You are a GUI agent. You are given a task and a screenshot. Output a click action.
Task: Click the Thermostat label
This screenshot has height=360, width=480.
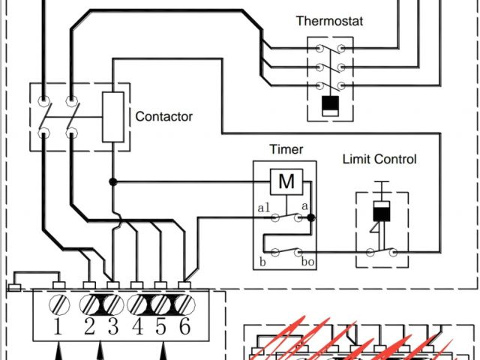329,21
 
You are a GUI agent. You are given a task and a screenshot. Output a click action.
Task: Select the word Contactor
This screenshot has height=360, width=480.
163,117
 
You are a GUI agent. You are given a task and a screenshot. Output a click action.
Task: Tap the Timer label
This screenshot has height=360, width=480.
286,149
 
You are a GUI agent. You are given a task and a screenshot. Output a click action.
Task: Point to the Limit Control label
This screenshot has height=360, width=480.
379,159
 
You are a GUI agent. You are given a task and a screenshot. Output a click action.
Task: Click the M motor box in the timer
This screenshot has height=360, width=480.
286,181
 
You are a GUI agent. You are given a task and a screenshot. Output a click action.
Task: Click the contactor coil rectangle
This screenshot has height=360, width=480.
112,117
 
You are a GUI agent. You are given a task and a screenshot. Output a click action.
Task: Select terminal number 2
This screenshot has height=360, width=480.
89,328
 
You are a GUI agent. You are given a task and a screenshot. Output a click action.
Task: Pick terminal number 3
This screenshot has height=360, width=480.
113,328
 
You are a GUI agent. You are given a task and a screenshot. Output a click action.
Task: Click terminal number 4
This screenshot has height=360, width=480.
138,328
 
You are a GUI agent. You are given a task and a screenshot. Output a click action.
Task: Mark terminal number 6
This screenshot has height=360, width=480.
185,328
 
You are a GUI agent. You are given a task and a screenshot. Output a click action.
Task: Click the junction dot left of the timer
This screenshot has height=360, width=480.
112,181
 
